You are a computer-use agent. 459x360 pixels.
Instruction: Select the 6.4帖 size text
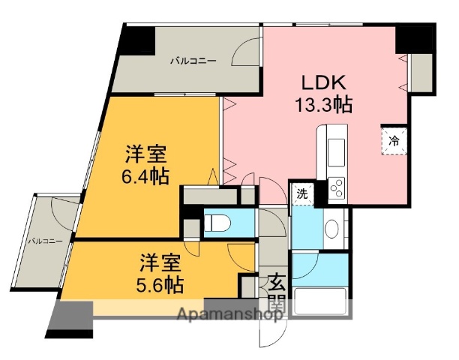(145, 176)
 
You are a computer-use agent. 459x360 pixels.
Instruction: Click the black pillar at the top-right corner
(415, 37)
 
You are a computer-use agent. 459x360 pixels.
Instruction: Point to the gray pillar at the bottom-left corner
(70, 318)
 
